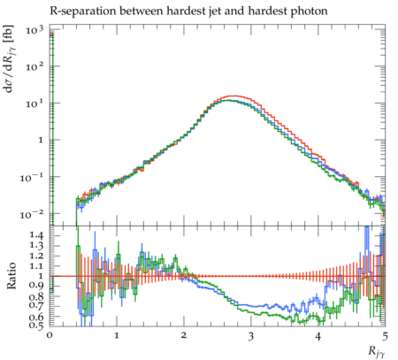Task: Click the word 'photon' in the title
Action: (x=309, y=11)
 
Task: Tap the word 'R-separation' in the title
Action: (x=82, y=11)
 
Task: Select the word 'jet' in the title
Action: (x=217, y=11)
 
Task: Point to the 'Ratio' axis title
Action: (x=11, y=276)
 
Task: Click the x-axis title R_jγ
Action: (x=377, y=351)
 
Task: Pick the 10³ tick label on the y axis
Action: (x=34, y=30)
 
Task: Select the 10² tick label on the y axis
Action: (x=34, y=66)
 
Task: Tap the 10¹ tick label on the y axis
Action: (x=34, y=103)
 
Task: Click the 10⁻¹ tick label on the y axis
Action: (x=32, y=178)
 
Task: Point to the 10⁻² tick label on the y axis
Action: (x=32, y=214)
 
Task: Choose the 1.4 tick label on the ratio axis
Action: (x=36, y=235)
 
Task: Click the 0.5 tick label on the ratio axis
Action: (x=36, y=326)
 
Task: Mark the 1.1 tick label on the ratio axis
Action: (x=36, y=265)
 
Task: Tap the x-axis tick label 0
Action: (x=50, y=335)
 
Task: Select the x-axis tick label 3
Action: (x=251, y=335)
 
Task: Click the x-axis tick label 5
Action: (x=385, y=335)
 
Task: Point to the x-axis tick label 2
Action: (x=184, y=335)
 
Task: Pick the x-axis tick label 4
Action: (x=318, y=335)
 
